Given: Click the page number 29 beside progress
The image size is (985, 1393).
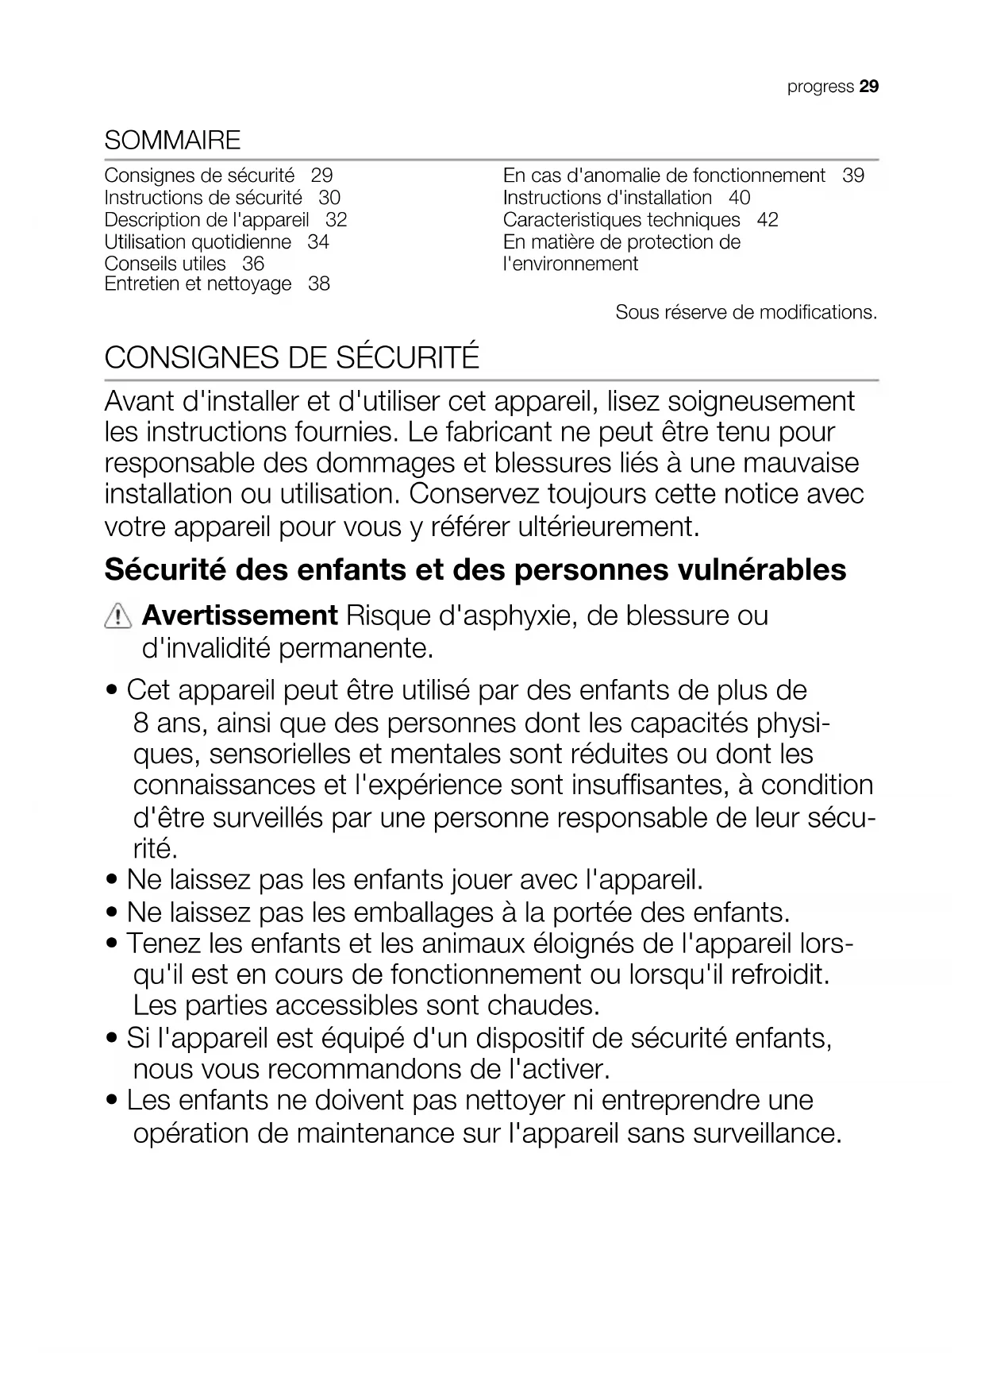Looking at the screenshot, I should click(869, 87).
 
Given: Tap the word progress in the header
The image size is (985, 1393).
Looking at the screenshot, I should click(820, 87).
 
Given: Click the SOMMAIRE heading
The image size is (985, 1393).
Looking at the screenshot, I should click(172, 141).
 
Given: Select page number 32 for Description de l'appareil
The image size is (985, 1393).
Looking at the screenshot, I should click(337, 220).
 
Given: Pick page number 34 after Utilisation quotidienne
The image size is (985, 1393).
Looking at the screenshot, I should click(318, 242).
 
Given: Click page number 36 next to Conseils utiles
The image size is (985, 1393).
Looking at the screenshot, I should click(253, 264).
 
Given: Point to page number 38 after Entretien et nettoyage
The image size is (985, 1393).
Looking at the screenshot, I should click(319, 284).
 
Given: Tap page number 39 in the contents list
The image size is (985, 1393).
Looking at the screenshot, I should click(853, 176).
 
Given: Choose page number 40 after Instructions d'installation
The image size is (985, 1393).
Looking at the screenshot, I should click(739, 198).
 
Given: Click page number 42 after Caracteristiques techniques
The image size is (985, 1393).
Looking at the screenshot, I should click(768, 220).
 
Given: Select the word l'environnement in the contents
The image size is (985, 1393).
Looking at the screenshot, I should click(571, 264).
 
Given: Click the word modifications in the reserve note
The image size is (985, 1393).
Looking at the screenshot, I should click(818, 313).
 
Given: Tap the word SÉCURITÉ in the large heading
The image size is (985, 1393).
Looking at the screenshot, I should click(408, 358).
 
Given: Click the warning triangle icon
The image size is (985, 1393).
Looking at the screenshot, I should click(117, 616).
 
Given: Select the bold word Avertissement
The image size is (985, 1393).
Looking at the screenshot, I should click(240, 615).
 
